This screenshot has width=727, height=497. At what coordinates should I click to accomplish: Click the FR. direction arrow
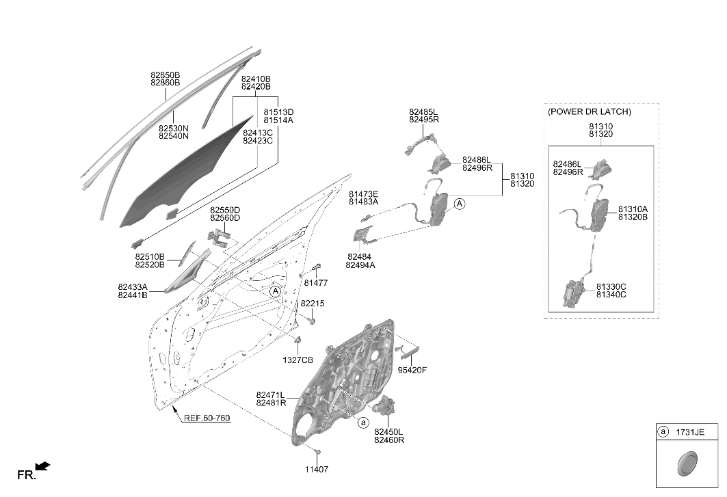tap(42, 466)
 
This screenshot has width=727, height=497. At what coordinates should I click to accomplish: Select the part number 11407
tap(316, 470)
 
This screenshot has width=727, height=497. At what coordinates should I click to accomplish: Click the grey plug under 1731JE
tap(687, 463)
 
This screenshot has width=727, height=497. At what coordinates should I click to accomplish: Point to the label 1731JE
tap(690, 432)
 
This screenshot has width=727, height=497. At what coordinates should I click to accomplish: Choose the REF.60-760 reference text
tap(207, 418)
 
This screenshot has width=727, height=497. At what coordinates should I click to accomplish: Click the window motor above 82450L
tap(384, 405)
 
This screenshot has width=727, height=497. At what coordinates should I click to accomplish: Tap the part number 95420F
tap(412, 371)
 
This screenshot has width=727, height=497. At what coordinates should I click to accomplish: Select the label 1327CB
tap(298, 360)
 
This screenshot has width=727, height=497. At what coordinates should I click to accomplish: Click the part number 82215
tap(313, 304)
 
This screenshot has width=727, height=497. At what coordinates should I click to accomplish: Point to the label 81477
tap(316, 283)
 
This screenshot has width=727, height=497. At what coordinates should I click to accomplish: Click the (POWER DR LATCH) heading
tap(590, 111)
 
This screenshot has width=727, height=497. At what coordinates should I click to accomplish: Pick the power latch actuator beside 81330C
tap(574, 293)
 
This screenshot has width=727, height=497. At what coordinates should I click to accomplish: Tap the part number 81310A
tap(633, 210)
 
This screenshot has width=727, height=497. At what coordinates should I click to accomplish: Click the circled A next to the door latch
tap(459, 204)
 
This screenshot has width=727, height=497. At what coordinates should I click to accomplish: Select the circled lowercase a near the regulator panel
tap(364, 422)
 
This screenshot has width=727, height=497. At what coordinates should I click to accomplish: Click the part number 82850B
tap(165, 75)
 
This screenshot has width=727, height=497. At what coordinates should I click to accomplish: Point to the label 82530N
tap(174, 129)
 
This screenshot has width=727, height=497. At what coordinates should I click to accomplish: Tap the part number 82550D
tap(225, 210)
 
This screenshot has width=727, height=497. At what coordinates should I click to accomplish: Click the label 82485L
tap(423, 112)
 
